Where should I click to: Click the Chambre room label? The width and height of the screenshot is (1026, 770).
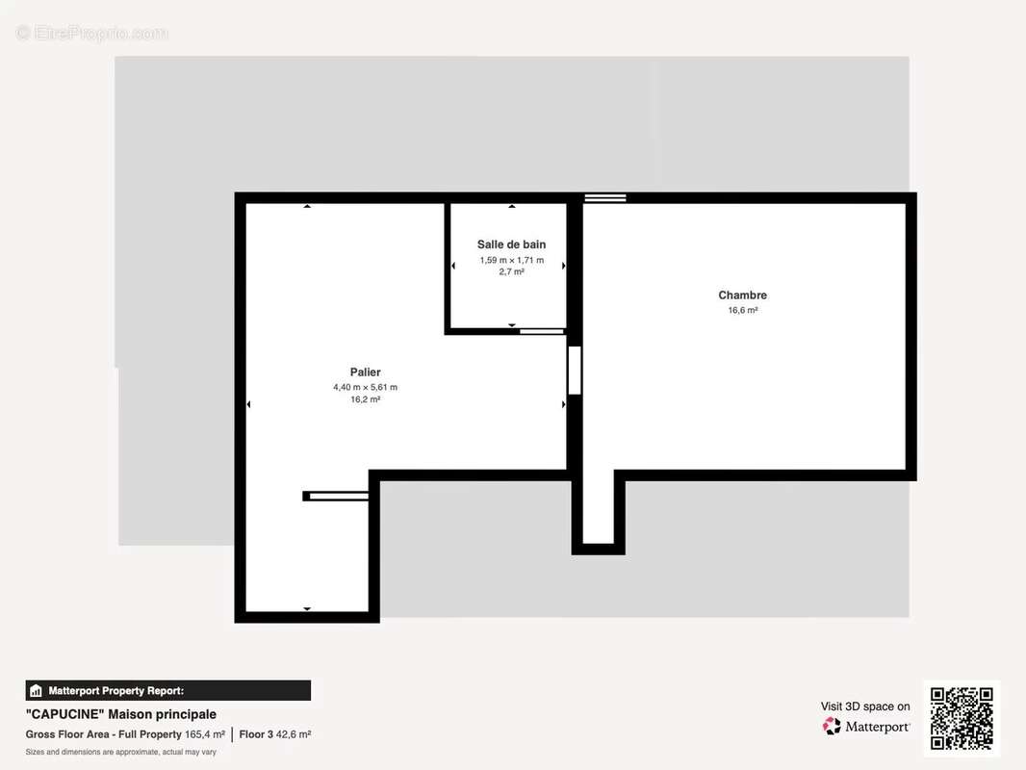(742, 295)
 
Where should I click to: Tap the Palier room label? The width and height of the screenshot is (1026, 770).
(365, 372)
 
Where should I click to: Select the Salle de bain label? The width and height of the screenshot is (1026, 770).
(511, 244)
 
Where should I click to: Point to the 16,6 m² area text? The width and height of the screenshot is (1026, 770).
(743, 310)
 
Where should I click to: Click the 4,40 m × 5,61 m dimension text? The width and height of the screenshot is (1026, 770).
(365, 387)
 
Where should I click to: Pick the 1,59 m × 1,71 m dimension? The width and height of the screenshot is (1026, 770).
(512, 261)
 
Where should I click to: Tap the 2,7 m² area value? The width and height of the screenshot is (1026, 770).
(512, 272)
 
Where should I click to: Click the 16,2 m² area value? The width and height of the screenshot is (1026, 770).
(365, 399)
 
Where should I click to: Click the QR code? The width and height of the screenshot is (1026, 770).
(962, 718)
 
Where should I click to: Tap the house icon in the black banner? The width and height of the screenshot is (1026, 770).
(36, 691)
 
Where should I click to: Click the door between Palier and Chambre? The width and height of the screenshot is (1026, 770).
(575, 371)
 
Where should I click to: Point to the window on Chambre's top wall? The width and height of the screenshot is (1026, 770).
(605, 197)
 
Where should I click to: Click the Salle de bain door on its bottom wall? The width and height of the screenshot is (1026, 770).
(542, 332)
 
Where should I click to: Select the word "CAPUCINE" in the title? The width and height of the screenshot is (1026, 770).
(64, 714)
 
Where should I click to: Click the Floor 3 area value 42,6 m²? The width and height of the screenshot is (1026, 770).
(294, 734)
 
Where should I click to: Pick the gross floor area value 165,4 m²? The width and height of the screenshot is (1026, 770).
(205, 734)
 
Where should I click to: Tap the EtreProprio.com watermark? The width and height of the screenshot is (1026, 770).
(92, 33)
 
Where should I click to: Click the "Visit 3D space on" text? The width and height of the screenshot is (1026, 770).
(865, 706)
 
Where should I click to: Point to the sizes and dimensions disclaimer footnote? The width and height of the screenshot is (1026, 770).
(121, 753)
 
